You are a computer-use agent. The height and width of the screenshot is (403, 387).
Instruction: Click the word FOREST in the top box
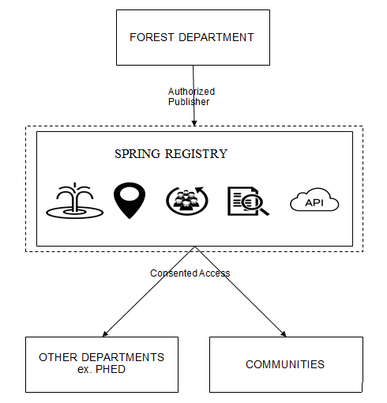152,37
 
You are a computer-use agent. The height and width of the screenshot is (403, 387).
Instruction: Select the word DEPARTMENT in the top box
216,37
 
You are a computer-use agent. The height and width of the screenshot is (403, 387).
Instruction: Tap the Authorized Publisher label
191,96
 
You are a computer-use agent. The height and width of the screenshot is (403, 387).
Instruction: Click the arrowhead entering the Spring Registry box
194,123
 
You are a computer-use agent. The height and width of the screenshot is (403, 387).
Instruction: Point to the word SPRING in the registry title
137,154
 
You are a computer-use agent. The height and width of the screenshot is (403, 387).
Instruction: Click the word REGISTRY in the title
196,154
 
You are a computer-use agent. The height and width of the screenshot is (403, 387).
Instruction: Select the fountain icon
75,201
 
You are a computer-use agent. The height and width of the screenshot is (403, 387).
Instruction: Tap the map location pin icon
130,200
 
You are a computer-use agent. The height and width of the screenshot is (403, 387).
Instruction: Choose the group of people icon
187,201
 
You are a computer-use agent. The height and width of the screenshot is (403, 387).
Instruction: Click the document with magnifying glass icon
248,201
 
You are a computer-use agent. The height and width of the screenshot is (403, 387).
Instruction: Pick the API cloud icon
314,200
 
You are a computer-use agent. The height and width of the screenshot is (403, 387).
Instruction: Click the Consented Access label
190,273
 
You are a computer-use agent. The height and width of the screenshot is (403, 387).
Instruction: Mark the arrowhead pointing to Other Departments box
105,334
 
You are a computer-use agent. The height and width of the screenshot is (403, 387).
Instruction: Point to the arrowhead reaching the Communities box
284,334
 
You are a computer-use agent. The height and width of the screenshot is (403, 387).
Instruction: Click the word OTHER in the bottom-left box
58,357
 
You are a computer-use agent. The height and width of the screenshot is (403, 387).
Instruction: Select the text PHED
111,369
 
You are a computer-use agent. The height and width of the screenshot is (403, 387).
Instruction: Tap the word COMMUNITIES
285,364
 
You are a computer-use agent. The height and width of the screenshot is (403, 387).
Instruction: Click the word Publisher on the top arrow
189,102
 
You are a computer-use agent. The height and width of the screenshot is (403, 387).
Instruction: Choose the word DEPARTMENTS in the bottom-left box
122,357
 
